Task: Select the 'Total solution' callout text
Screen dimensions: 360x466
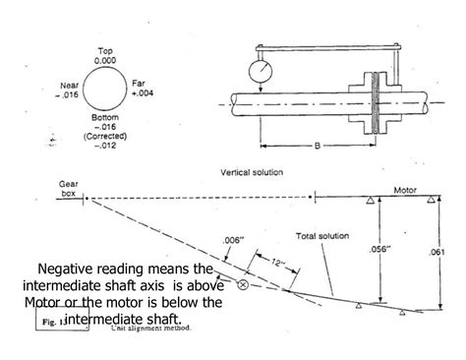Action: pos(322,236)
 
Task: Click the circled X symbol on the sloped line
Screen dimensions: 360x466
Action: pos(242,286)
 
